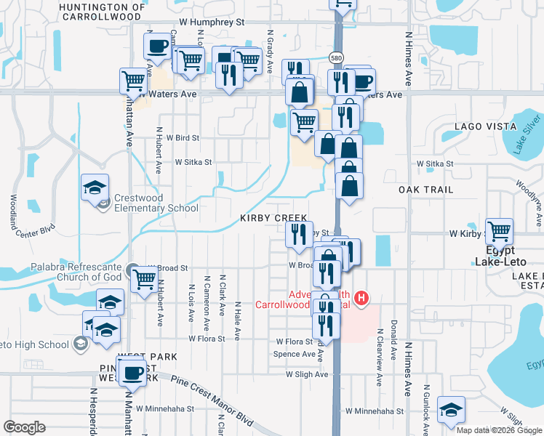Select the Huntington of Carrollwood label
(x=100, y=11)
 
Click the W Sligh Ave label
(x=307, y=374)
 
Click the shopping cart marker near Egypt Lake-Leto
(x=500, y=232)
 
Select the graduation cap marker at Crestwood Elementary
(x=95, y=187)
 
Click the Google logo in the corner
(x=24, y=427)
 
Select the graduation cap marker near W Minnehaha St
(x=452, y=411)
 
